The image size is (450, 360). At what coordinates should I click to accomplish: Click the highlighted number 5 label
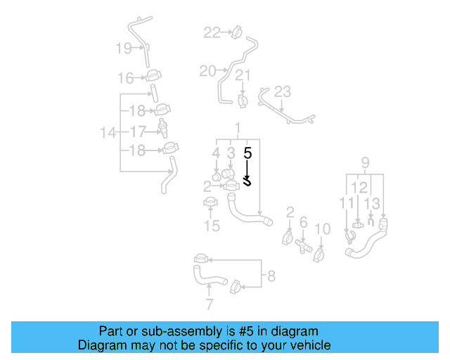[x=247, y=151]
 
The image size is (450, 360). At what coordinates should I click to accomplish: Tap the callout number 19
[x=124, y=48]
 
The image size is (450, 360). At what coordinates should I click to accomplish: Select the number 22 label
[x=212, y=32]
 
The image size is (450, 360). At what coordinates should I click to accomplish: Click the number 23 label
[x=282, y=91]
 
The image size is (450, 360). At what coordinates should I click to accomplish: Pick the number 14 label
[x=108, y=131]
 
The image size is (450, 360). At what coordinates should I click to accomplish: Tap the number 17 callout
[x=138, y=131]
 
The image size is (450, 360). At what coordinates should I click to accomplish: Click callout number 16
[x=125, y=77]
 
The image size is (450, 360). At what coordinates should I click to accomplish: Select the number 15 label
[x=212, y=226]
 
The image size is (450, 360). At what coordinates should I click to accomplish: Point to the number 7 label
[x=208, y=304]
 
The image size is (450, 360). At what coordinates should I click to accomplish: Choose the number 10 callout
[x=322, y=229]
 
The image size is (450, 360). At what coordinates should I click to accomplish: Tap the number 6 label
[x=304, y=222]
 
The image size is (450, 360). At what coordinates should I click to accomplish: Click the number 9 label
[x=365, y=164]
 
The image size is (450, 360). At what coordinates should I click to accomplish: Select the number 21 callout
[x=243, y=76]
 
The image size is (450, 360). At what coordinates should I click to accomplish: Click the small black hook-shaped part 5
[x=247, y=181]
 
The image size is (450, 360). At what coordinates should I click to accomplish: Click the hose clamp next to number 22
[x=236, y=32]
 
